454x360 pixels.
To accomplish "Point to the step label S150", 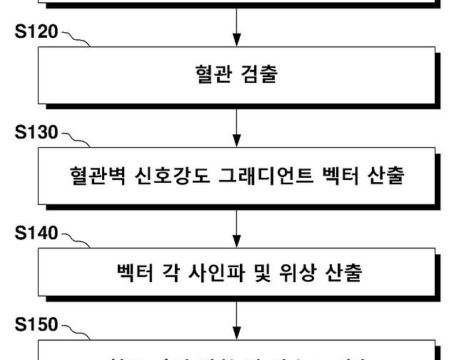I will pos(37,326).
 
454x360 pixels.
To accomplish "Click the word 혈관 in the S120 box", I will pos(211,74).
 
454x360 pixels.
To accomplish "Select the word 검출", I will pos(260,74).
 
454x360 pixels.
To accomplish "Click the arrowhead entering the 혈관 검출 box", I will pos(236,41).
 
